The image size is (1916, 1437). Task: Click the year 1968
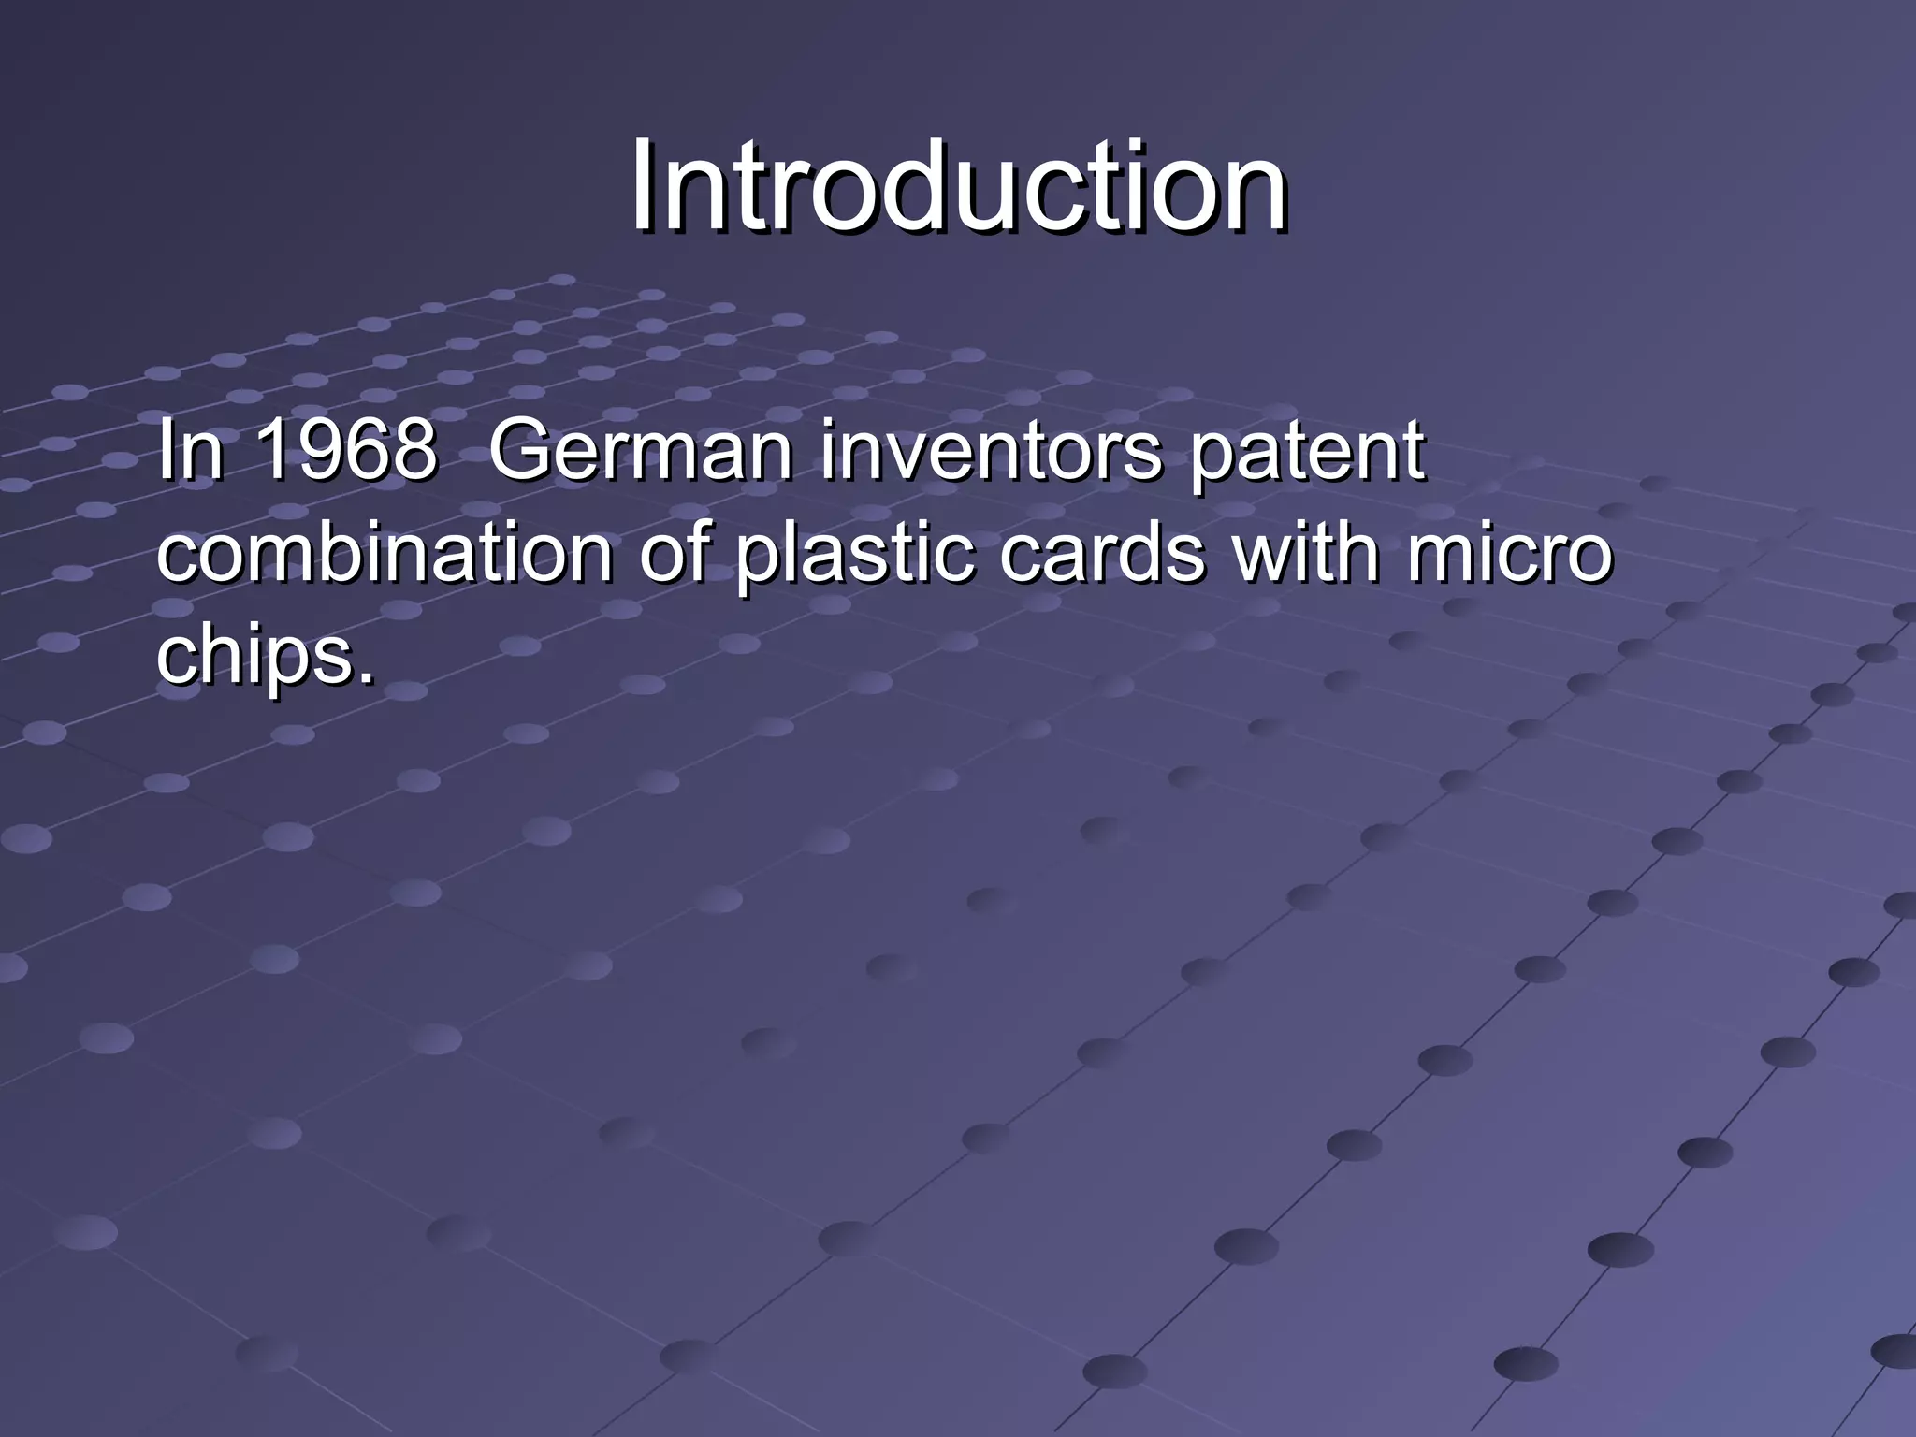tap(345, 451)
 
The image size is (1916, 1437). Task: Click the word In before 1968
tap(191, 451)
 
